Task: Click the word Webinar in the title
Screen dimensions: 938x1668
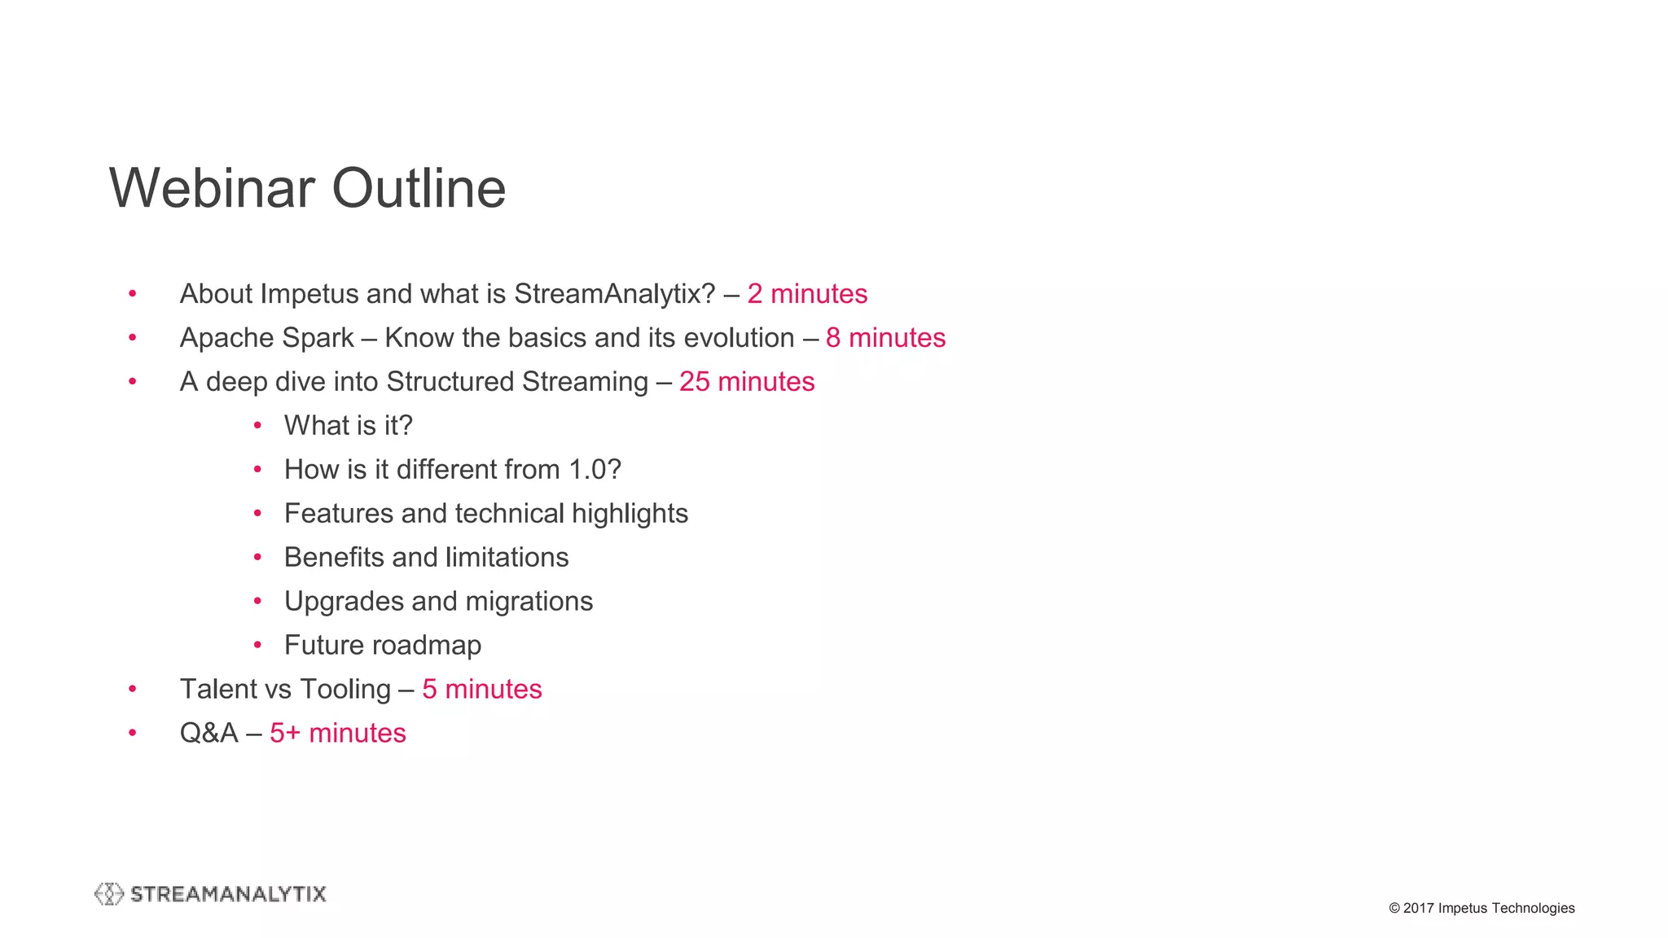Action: pos(213,188)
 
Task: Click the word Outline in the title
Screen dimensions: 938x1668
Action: pos(419,188)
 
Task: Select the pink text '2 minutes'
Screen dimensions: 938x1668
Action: pos(807,294)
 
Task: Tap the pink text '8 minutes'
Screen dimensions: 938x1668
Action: pos(885,338)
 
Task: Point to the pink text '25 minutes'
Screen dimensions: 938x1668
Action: pos(747,382)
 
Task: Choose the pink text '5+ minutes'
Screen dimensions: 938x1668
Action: pos(337,733)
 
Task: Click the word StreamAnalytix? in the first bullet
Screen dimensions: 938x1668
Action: pos(614,294)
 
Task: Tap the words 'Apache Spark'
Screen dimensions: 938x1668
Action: pos(266,338)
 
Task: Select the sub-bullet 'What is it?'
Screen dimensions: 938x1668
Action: pos(348,426)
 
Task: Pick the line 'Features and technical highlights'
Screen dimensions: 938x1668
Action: pos(485,514)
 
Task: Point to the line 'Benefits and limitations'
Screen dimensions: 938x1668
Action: pos(426,558)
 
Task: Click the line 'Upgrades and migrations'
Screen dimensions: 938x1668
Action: pos(438,602)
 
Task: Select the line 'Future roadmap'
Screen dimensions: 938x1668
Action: pos(382,646)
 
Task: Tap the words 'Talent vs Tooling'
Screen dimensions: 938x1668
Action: pos(285,690)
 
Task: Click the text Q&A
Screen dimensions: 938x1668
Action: pos(208,733)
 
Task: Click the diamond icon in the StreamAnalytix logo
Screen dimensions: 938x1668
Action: pos(108,894)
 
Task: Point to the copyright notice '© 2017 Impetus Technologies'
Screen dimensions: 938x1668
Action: pos(1481,908)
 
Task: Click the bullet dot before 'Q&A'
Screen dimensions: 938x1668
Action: pos(133,733)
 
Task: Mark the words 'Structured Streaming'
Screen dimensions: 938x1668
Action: pos(517,382)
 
